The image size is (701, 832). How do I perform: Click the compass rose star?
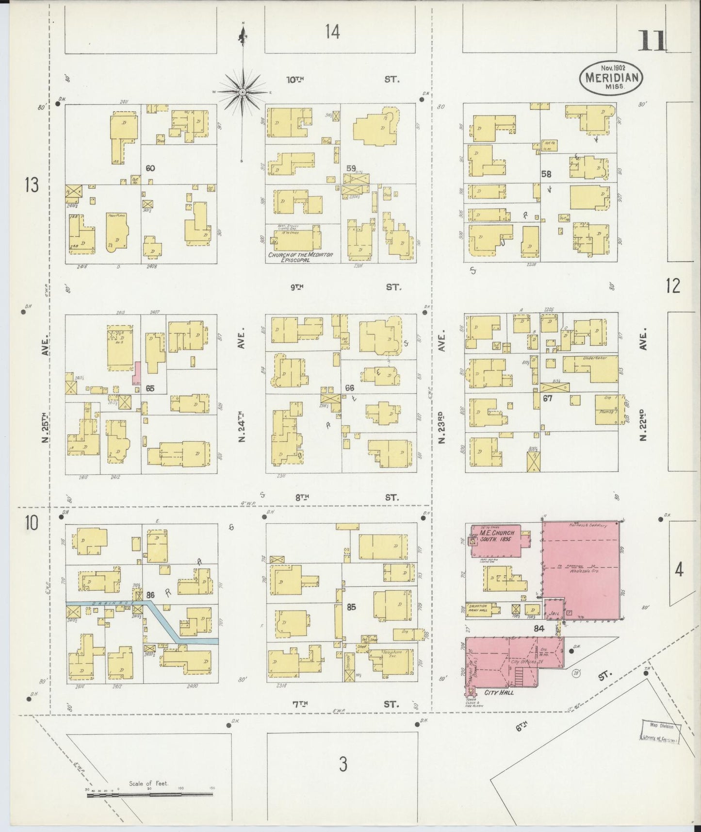click(242, 92)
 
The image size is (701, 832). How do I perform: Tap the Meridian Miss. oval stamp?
click(611, 77)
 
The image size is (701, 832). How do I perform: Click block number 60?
click(150, 168)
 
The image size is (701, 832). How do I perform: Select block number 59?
click(351, 168)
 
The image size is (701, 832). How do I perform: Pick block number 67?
click(548, 398)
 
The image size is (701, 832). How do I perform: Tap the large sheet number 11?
click(652, 41)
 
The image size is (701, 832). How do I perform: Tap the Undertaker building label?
click(588, 359)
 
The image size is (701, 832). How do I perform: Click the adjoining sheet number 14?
click(332, 32)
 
